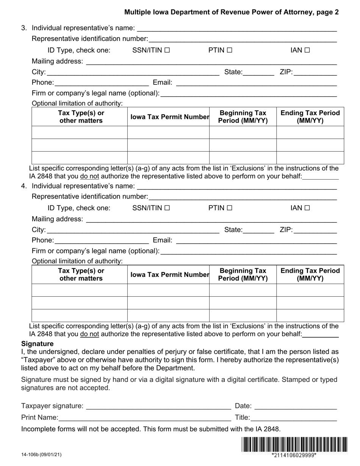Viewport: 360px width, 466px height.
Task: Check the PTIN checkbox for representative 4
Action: (229, 208)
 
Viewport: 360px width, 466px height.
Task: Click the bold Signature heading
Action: (37, 344)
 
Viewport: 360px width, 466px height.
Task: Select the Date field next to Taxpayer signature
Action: (296, 406)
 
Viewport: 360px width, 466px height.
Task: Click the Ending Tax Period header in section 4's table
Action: (310, 275)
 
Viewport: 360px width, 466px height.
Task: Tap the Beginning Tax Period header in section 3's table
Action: (243, 117)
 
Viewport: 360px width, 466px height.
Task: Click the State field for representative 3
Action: (258, 72)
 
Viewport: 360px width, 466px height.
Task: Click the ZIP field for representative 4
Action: (315, 230)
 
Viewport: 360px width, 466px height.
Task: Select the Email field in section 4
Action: (256, 240)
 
